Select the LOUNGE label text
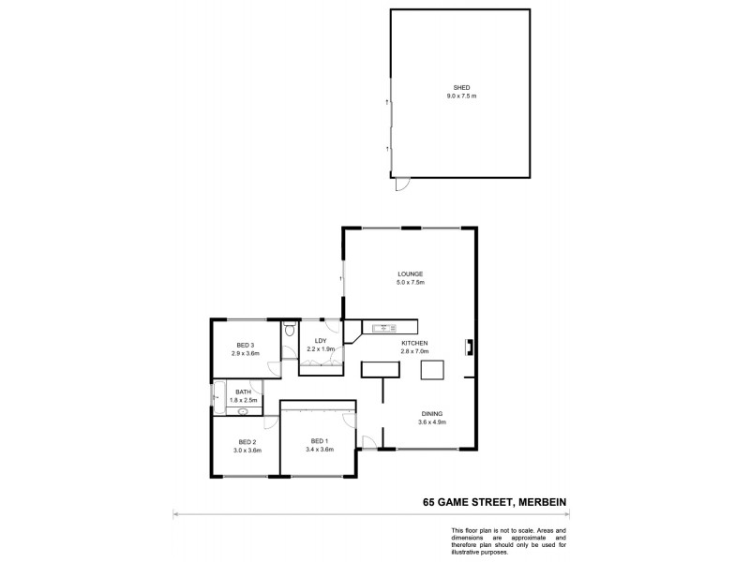click(411, 274)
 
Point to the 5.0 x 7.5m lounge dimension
click(411, 282)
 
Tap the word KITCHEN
click(414, 344)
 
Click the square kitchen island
click(431, 370)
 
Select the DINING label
click(431, 414)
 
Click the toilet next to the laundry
click(289, 331)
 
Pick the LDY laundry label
click(320, 341)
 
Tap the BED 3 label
click(246, 346)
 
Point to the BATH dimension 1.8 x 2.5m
click(243, 400)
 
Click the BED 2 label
click(247, 442)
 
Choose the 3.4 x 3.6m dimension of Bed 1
click(319, 450)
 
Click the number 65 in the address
click(428, 502)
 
